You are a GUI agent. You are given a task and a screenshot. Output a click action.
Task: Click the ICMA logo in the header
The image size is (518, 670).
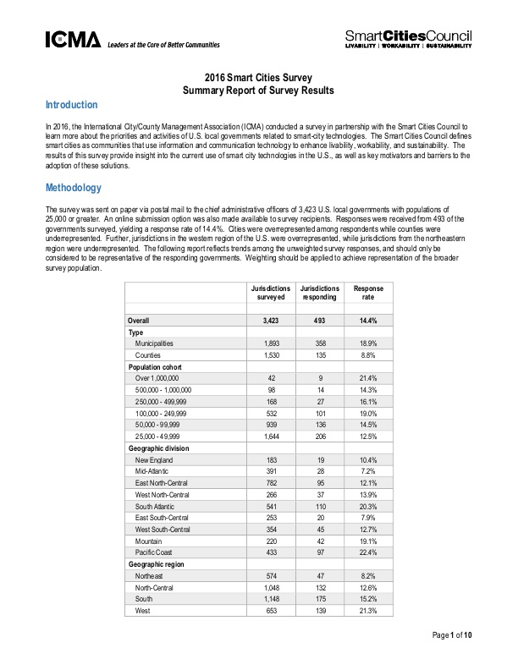tap(73, 39)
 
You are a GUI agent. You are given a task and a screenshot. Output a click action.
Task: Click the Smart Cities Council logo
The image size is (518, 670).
tap(408, 37)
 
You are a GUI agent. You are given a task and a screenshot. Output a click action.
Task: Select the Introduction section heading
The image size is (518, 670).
tap(71, 105)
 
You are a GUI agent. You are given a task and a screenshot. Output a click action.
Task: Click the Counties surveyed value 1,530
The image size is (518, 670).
tap(272, 356)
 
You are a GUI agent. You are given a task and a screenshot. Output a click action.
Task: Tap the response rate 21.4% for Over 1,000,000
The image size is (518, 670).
tap(368, 378)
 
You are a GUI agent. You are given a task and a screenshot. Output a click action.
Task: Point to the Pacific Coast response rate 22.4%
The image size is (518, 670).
tap(368, 549)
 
